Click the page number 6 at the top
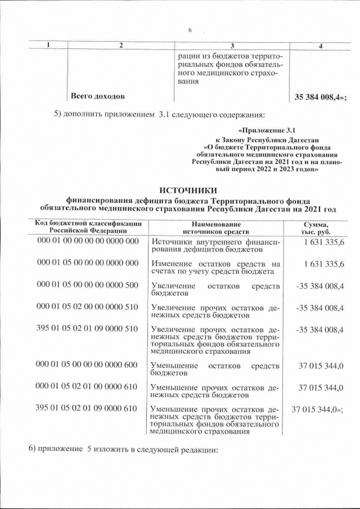[190, 30]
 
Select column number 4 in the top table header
[321, 46]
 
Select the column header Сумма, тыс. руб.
[316, 227]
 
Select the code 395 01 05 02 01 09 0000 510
[87, 328]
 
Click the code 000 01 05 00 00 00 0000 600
[87, 366]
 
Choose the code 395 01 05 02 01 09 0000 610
[87, 408]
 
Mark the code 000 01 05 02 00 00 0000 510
[87, 307]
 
